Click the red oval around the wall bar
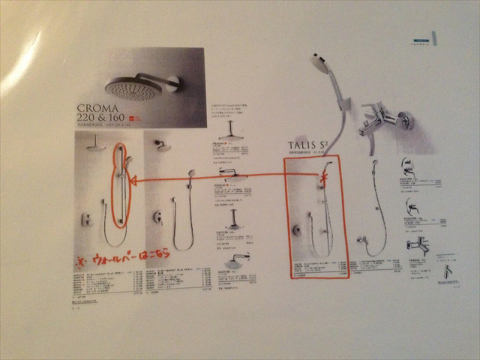point(119,184)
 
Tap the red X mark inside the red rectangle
point(323,177)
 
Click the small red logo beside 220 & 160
point(134,118)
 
